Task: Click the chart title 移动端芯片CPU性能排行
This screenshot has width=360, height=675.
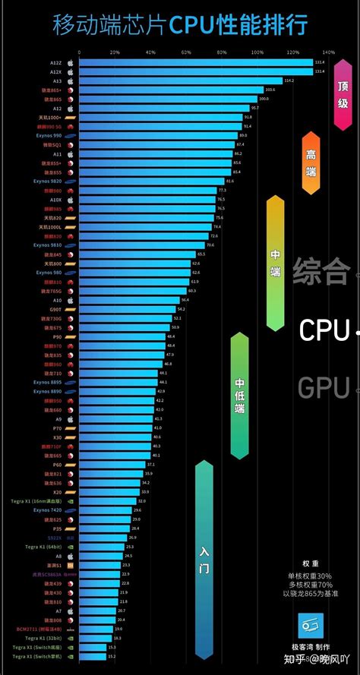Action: coord(180,25)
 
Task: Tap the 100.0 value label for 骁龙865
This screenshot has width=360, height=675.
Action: coord(264,99)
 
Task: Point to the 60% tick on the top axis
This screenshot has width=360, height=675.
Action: coord(186,52)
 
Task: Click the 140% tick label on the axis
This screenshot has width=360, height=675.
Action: coord(329,52)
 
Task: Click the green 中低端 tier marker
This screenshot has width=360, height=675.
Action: coord(239,395)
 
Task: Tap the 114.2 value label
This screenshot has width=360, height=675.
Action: coord(289,80)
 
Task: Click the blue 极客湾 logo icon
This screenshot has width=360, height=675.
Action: coord(310,626)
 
